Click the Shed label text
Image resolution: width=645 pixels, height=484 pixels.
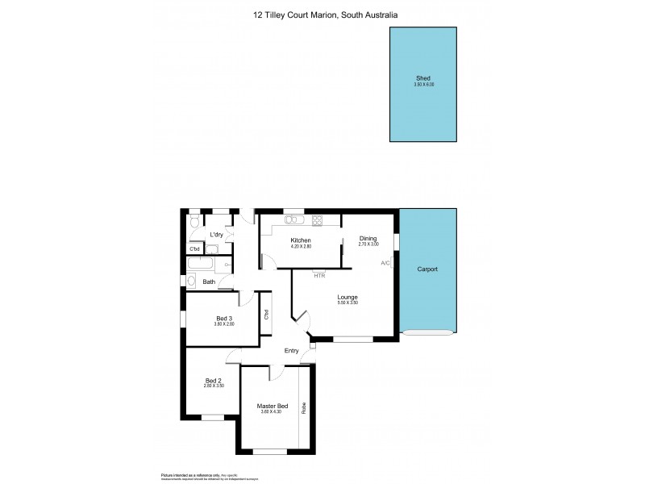tap(423, 78)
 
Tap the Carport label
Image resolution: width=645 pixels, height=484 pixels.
tap(427, 269)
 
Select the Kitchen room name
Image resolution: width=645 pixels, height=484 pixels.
tap(301, 240)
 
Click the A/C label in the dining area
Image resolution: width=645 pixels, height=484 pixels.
tap(385, 263)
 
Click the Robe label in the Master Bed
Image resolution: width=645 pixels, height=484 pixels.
tap(304, 407)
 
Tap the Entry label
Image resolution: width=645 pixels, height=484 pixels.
tap(291, 350)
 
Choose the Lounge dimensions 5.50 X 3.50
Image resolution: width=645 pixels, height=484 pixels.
tap(347, 304)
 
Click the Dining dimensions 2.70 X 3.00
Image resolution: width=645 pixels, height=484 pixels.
tap(368, 244)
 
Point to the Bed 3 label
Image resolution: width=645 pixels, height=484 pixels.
tap(224, 318)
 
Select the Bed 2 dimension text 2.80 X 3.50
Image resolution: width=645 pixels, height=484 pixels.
tap(213, 386)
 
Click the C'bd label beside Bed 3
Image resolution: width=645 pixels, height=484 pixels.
tap(265, 315)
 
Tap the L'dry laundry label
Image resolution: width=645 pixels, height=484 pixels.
tap(216, 235)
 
